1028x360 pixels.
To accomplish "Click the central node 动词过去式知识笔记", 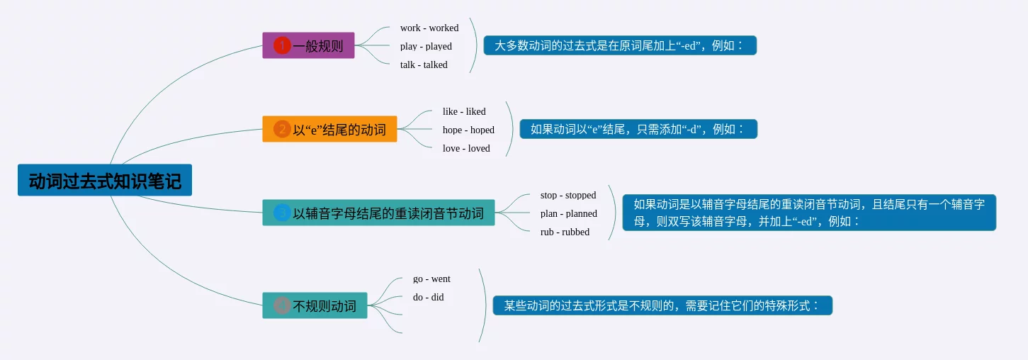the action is pyautogui.click(x=105, y=180).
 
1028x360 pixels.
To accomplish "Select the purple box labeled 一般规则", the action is pyautogui.click(x=308, y=45).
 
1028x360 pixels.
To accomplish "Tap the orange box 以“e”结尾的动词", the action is pyautogui.click(x=329, y=129).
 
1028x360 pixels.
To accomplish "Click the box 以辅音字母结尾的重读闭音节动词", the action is pyautogui.click(x=378, y=213).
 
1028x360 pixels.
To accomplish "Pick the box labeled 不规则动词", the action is pyautogui.click(x=315, y=305).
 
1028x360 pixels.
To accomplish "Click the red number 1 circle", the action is pyautogui.click(x=282, y=45).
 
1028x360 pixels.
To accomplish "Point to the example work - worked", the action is pyautogui.click(x=429, y=28).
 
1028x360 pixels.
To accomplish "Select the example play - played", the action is pyautogui.click(x=426, y=46).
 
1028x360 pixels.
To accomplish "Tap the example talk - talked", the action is pyautogui.click(x=424, y=64).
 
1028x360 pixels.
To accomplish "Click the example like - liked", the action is pyautogui.click(x=464, y=111).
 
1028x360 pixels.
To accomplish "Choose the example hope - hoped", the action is pyautogui.click(x=468, y=130).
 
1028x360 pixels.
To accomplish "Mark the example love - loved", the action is pyautogui.click(x=466, y=148).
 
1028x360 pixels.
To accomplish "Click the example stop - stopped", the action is pyautogui.click(x=568, y=195).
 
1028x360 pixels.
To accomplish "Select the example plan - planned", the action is pyautogui.click(x=569, y=213).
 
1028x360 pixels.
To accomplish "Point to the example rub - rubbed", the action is pyautogui.click(x=565, y=232).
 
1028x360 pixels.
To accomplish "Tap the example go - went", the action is pyautogui.click(x=431, y=279).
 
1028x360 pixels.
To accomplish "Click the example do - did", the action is pyautogui.click(x=428, y=297).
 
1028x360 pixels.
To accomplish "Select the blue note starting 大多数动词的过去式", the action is pyautogui.click(x=620, y=45).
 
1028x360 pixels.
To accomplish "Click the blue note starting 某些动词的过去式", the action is pyautogui.click(x=662, y=305).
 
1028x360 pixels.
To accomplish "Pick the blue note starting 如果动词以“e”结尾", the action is pyautogui.click(x=638, y=129).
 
